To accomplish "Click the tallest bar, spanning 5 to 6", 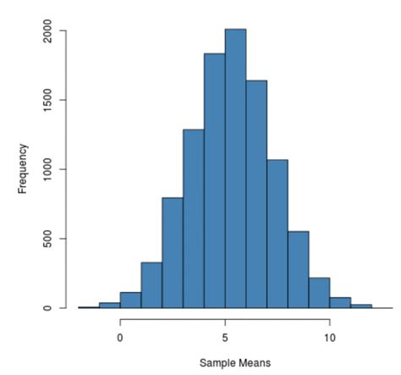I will click(x=235, y=169).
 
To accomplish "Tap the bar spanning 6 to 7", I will click(x=256, y=195).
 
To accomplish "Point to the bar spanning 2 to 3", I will click(x=173, y=253).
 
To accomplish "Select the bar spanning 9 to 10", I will click(x=319, y=293).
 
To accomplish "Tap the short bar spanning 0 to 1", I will click(x=130, y=301).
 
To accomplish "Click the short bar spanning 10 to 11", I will click(x=340, y=302).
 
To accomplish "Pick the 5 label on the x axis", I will click(x=225, y=334).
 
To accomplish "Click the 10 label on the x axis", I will click(x=329, y=334).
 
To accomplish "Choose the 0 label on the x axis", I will click(x=120, y=334).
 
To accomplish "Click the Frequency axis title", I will click(x=24, y=169).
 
